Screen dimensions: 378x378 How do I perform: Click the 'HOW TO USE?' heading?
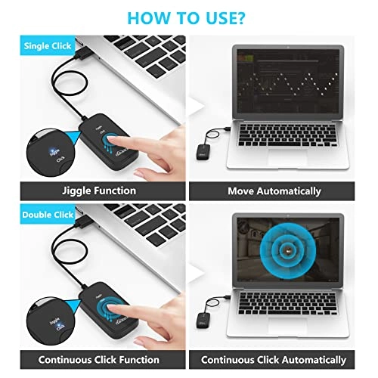click(x=189, y=17)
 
